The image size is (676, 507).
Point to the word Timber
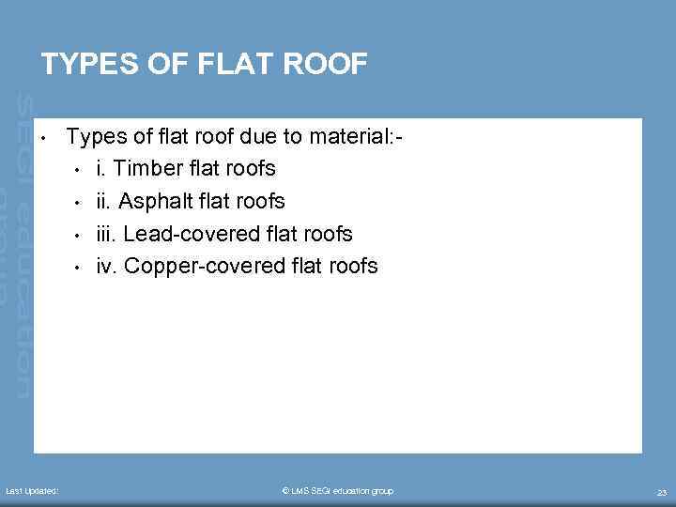[144, 169]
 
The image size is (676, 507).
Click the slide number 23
[661, 492]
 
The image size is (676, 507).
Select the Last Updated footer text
[32, 491]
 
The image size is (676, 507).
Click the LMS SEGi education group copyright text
[338, 491]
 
